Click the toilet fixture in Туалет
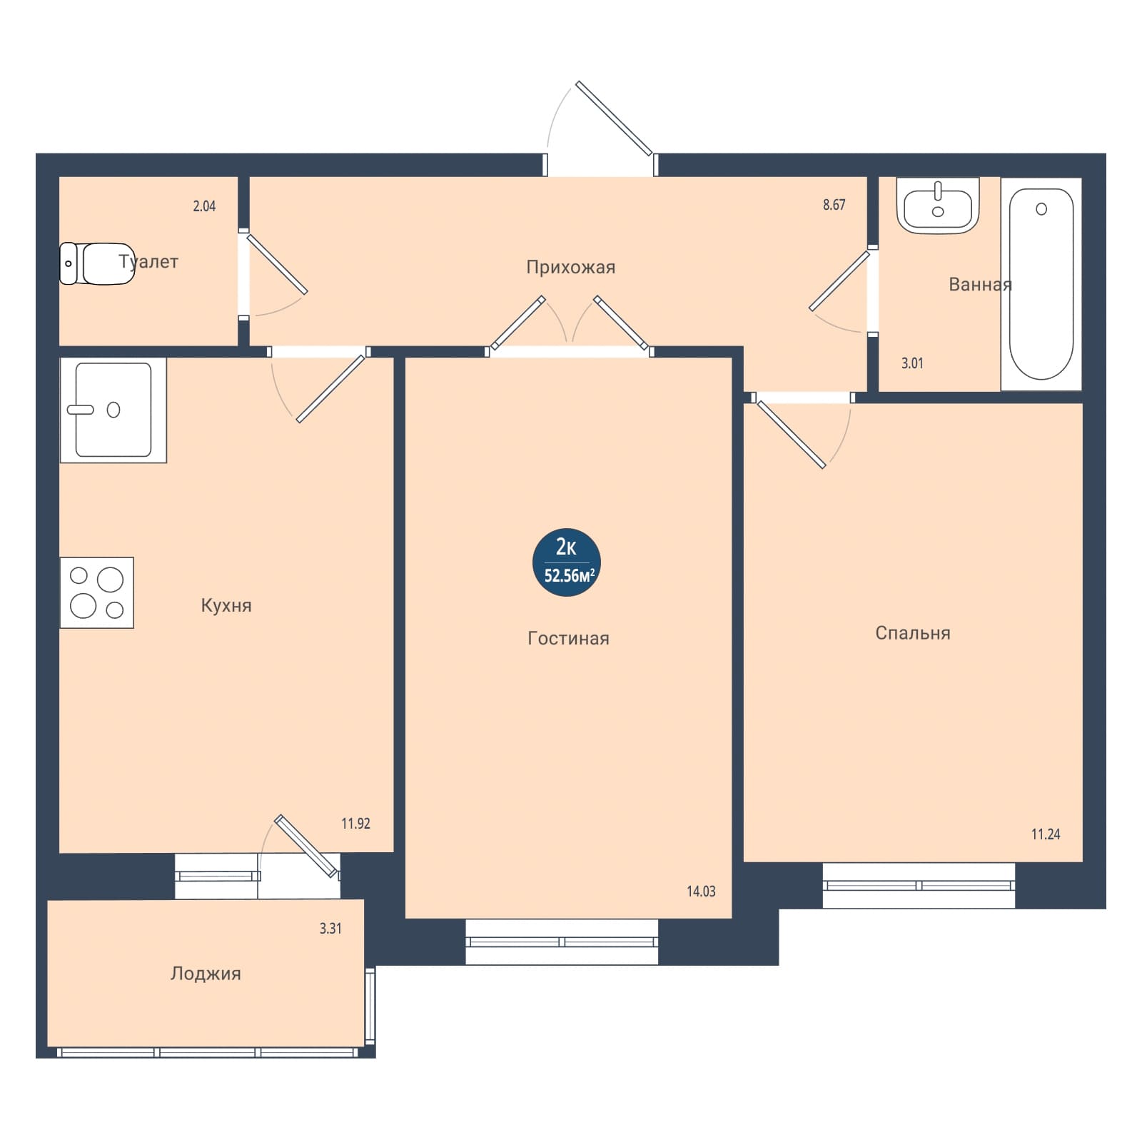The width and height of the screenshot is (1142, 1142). [x=97, y=263]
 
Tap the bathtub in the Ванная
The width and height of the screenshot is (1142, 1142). [x=1041, y=284]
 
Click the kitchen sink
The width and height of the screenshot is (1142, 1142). [x=113, y=410]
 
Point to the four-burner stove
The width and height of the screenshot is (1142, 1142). [x=97, y=592]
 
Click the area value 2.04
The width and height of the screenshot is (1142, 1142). [x=204, y=206]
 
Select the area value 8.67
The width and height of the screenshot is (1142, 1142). [x=834, y=205]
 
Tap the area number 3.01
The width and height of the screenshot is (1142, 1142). [x=912, y=363]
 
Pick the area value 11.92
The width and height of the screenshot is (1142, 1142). [x=355, y=824]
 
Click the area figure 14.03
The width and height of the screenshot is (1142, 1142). [x=701, y=891]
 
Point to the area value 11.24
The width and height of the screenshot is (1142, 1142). [x=1046, y=834]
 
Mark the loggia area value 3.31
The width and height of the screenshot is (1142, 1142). [x=330, y=929]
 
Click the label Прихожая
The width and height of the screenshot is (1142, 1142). [x=570, y=268]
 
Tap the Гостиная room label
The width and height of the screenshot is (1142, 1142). [x=568, y=638]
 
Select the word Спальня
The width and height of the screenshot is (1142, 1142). [x=913, y=633]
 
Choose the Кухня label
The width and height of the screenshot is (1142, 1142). [x=226, y=606]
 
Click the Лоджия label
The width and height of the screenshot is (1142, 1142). [x=206, y=974]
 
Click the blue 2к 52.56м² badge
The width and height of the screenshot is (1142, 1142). [x=567, y=562]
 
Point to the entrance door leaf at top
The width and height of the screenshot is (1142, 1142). [x=614, y=118]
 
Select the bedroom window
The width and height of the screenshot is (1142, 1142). [x=919, y=886]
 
